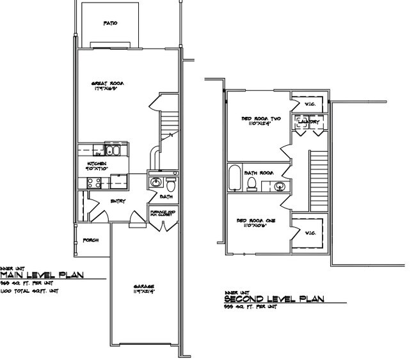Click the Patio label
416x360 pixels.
click(110, 23)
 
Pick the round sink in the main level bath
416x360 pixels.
click(154, 183)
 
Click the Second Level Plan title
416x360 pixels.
click(275, 299)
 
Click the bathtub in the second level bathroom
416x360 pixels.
click(234, 178)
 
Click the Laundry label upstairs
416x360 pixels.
click(310, 120)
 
